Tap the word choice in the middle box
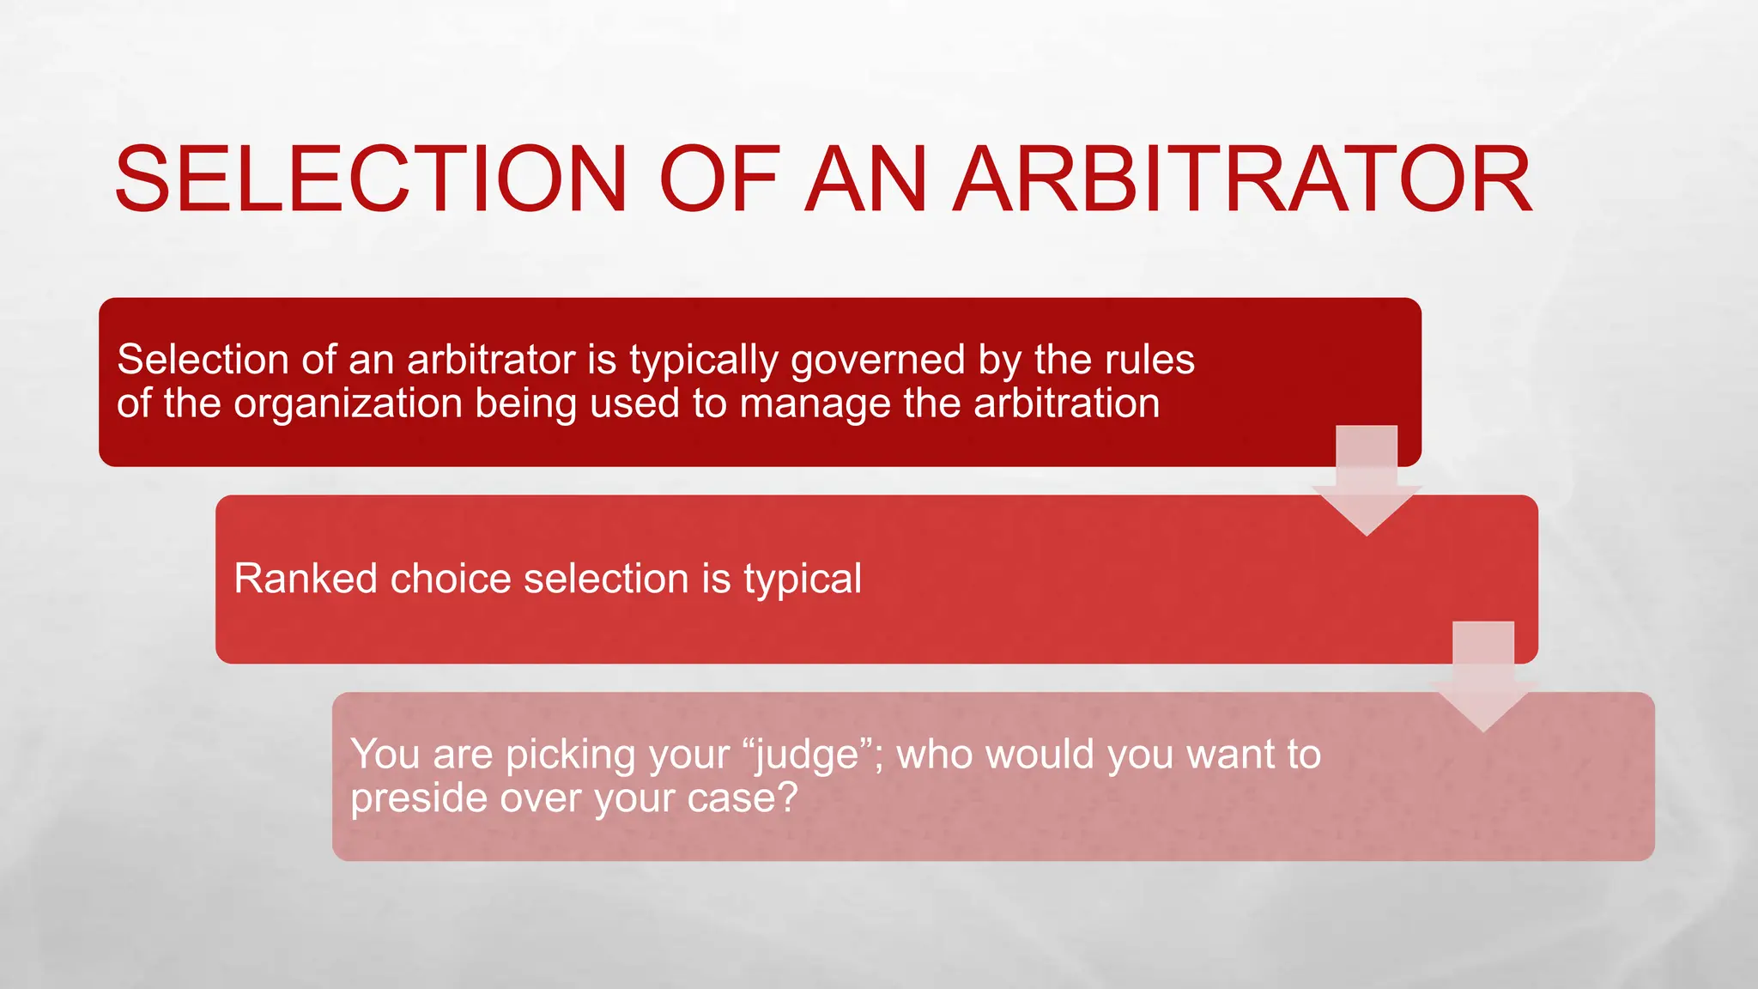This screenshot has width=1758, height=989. (x=451, y=579)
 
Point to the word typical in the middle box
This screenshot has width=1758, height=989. (x=803, y=580)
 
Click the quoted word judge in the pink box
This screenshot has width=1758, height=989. (x=808, y=755)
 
